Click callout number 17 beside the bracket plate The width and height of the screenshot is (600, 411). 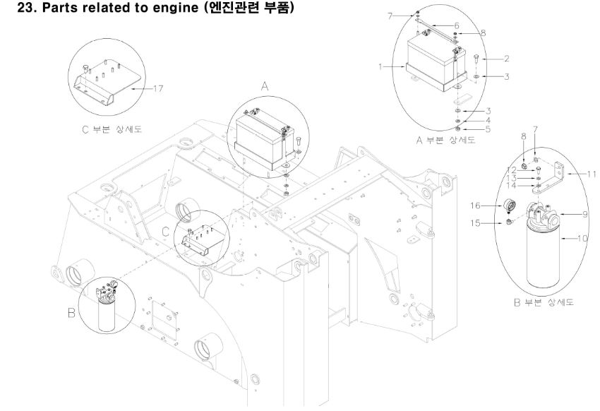[x=160, y=88]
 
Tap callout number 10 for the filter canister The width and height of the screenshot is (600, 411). [x=582, y=239]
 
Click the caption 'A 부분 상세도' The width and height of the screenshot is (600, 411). [x=445, y=140]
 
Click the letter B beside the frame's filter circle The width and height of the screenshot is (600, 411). [x=70, y=312]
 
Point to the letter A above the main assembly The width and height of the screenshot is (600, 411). [x=265, y=85]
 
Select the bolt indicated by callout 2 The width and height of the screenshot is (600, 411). [x=476, y=59]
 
